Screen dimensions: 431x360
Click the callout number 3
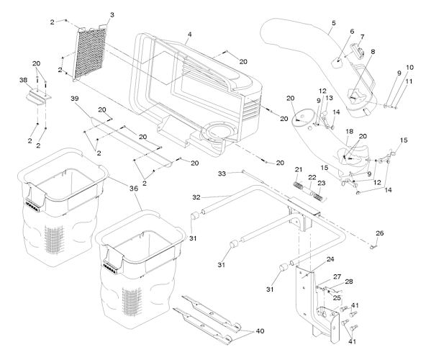pos(112,15)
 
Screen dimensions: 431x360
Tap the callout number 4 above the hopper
pos(189,35)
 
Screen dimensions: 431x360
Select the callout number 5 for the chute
pos(333,23)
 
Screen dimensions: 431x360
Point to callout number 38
pos(23,80)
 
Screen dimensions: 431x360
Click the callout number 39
pos(75,98)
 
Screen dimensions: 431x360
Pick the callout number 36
pos(134,188)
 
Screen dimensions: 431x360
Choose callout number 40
pos(260,331)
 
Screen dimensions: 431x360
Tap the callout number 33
pos(222,174)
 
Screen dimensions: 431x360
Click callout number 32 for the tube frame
pos(196,197)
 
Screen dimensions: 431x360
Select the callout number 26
pos(380,233)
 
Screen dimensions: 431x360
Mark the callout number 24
pos(330,258)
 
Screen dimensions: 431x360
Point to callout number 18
pos(349,132)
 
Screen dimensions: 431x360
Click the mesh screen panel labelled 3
pos(90,54)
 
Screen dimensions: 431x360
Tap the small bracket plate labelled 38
pos(39,96)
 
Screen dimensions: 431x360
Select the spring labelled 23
pos(320,196)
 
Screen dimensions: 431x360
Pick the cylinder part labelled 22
pos(309,190)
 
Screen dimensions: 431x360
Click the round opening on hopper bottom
pos(219,135)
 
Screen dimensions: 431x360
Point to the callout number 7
pos(362,37)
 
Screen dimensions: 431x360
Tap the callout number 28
pos(349,282)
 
